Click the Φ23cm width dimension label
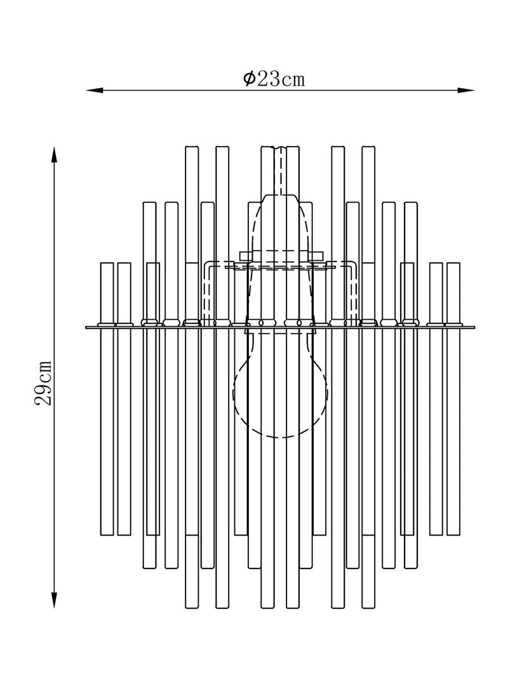click(x=274, y=79)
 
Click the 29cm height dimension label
click(x=43, y=383)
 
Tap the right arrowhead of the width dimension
click(x=465, y=90)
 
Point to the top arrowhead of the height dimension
click(x=55, y=155)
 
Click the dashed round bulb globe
click(x=280, y=393)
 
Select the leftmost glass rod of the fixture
click(x=107, y=399)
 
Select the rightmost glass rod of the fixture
click(x=453, y=399)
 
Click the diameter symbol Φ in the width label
click(x=249, y=79)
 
